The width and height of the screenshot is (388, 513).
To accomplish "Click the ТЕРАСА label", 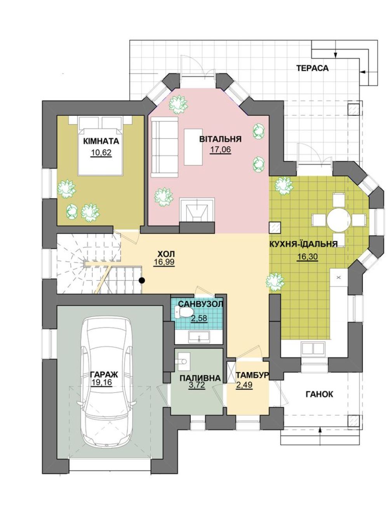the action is tap(312, 68).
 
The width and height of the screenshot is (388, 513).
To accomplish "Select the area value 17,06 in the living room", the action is tap(220, 149).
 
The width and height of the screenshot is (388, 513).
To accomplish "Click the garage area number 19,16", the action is tap(101, 383).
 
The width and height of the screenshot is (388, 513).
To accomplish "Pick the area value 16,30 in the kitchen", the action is tap(307, 257).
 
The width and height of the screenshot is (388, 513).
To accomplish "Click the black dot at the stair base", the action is tap(141, 280).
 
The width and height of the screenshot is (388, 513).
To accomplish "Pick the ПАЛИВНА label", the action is tap(200, 378).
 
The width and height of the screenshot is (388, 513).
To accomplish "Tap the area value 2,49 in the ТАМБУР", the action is tap(244, 385).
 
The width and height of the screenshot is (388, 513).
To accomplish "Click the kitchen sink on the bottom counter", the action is tap(313, 348).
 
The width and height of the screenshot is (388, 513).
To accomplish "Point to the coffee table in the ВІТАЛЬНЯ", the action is tap(193, 147).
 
